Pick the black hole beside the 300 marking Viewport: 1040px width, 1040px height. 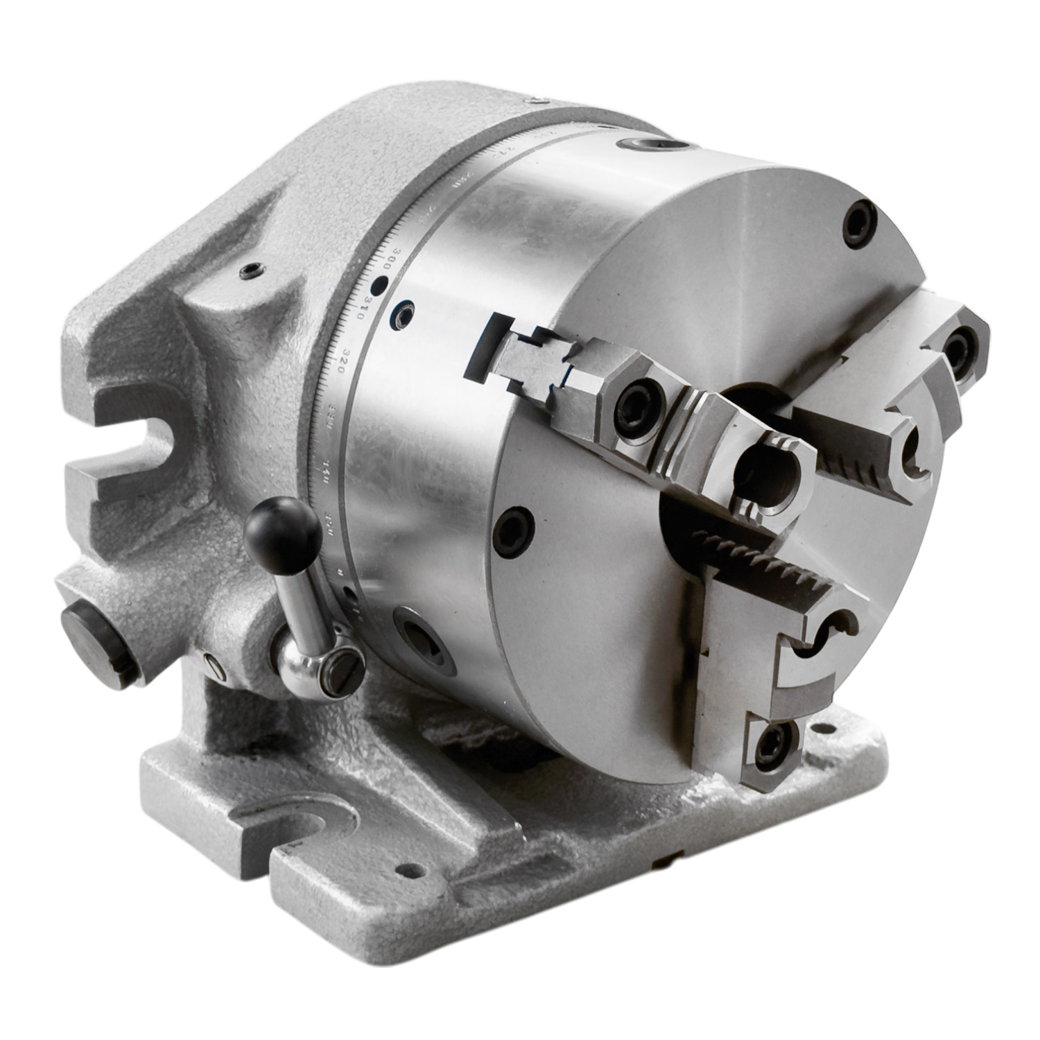tap(379, 284)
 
